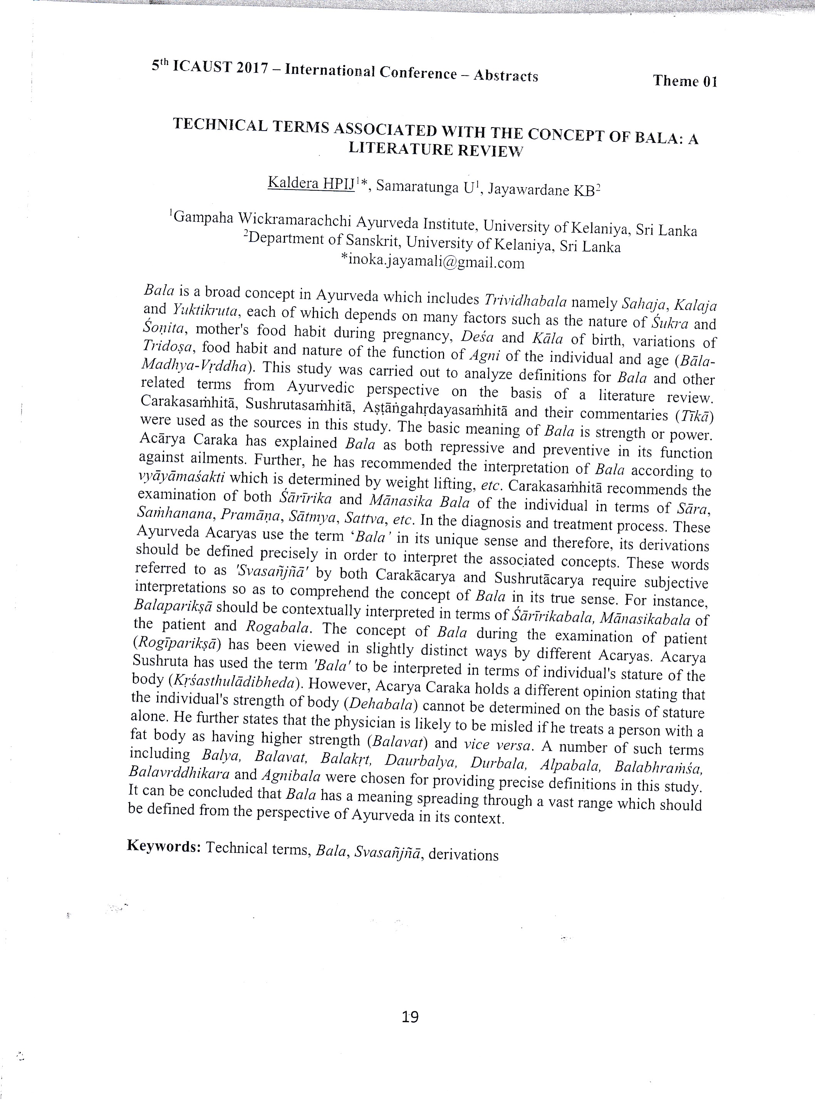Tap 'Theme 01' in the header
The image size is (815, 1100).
click(x=685, y=81)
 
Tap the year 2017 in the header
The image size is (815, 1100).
click(x=252, y=69)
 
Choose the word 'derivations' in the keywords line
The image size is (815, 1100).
click(x=463, y=854)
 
